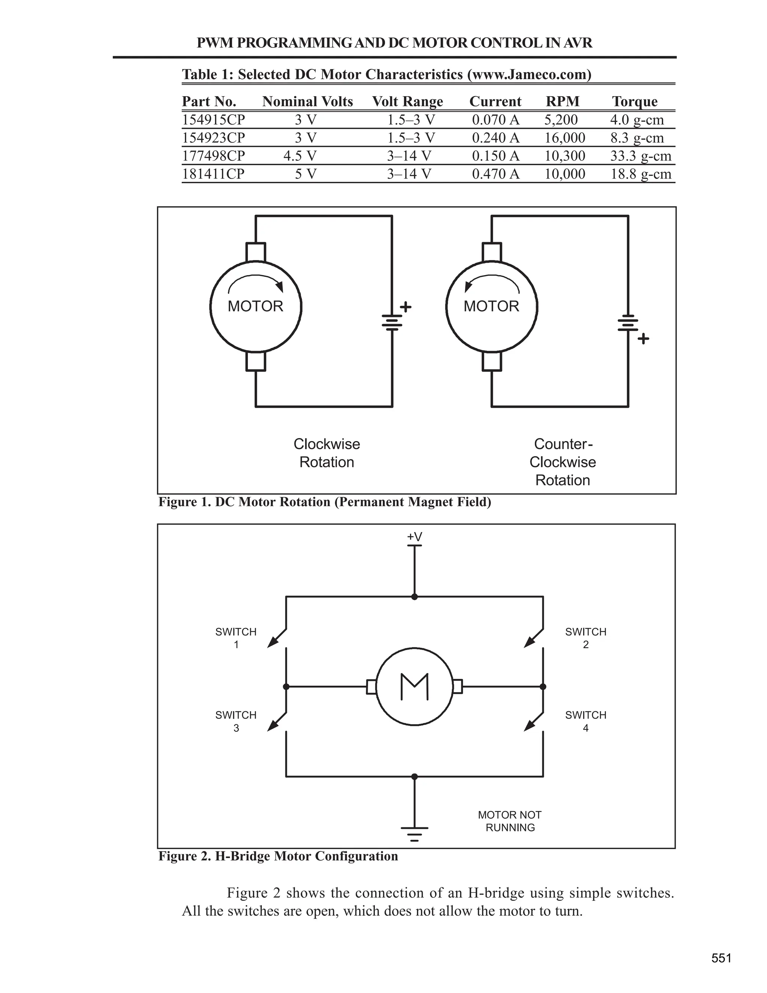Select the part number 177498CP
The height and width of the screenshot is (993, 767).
[213, 156]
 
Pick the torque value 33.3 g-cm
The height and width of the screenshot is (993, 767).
[641, 156]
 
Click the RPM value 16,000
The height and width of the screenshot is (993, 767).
[565, 138]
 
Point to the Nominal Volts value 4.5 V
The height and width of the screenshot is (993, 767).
[300, 156]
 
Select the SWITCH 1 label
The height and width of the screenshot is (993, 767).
[236, 638]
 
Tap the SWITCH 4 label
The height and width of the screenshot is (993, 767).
[586, 721]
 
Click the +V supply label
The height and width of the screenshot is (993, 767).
[415, 537]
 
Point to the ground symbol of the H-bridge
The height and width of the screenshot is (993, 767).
[415, 834]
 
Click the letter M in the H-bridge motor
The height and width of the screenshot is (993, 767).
[415, 686]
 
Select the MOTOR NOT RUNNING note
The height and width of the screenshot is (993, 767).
[510, 821]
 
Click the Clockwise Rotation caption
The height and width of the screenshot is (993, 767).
[327, 453]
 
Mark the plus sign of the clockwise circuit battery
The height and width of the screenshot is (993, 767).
[406, 307]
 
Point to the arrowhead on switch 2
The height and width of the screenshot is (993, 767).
[529, 642]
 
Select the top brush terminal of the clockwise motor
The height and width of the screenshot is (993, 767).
[256, 252]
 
